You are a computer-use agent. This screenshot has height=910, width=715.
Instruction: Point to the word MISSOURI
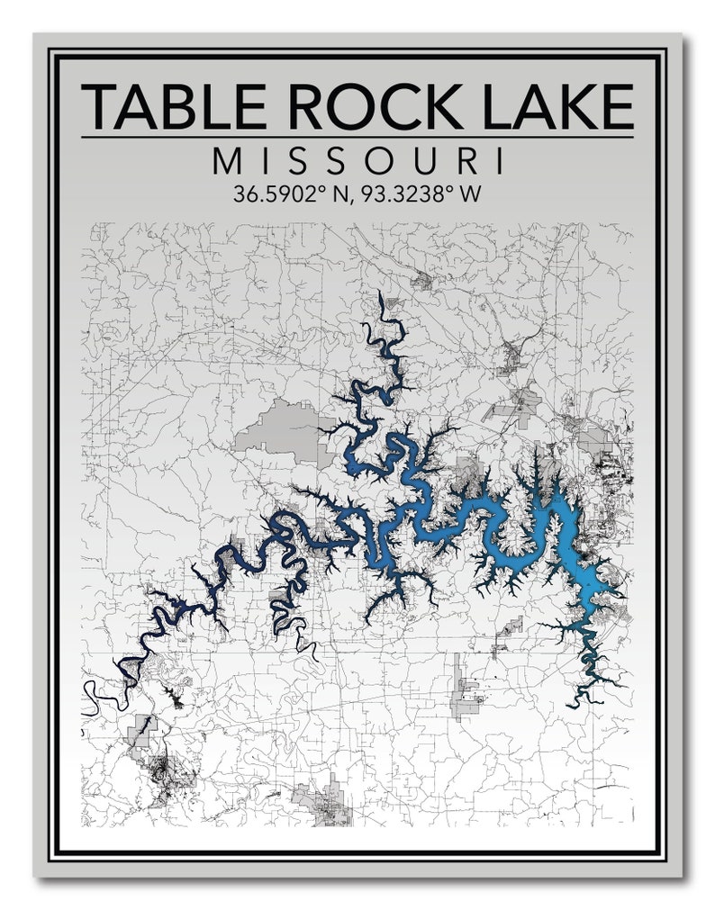pos(357,162)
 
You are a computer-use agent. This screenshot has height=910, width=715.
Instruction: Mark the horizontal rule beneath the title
pos(357,138)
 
